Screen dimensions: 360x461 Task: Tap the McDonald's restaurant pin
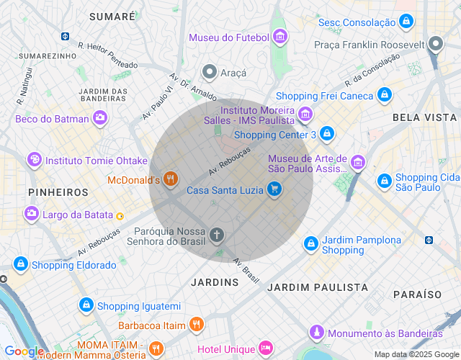[170, 179]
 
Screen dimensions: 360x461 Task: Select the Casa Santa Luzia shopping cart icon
[274, 190]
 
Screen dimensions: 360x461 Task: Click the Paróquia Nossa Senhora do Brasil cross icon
[217, 235]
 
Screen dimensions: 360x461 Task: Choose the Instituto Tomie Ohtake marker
[33, 160]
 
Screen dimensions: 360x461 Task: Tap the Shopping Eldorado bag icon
[20, 265]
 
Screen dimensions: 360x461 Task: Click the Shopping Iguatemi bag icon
[86, 306]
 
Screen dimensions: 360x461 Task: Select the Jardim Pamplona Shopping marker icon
[311, 244]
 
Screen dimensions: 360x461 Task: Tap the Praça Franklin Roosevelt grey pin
[435, 45]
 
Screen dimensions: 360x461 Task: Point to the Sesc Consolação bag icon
[407, 22]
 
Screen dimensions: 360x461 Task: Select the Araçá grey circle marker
[210, 72]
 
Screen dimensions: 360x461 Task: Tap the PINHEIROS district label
[58, 192]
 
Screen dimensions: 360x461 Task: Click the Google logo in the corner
[24, 351]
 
